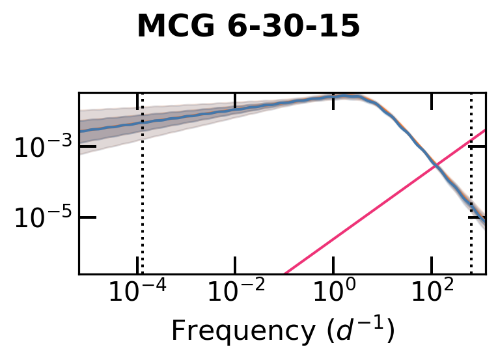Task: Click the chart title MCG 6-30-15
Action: point(248,27)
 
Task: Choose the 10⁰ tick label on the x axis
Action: point(333,293)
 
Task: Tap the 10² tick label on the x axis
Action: point(431,293)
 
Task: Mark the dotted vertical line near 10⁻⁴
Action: point(142,195)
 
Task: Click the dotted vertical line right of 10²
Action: point(471,195)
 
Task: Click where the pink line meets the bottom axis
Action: point(285,273)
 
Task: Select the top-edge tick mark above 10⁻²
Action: point(235,98)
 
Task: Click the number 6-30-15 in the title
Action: point(286,27)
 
